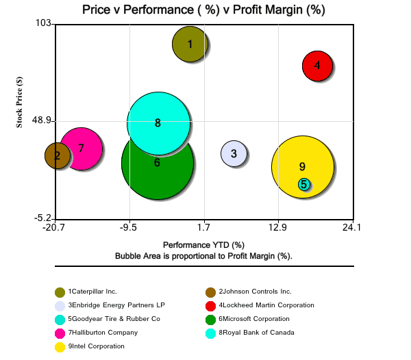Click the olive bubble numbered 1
click(190, 44)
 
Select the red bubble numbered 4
click(317, 66)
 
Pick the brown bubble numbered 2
click(57, 155)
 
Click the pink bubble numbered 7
click(81, 148)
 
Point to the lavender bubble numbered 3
click(234, 154)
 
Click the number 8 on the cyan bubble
click(158, 123)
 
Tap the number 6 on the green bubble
click(158, 163)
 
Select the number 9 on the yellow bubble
click(302, 166)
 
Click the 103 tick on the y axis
click(43, 23)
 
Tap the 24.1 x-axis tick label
click(353, 227)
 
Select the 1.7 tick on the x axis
click(203, 227)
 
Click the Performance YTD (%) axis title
click(203, 244)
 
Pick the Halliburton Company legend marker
click(60, 333)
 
